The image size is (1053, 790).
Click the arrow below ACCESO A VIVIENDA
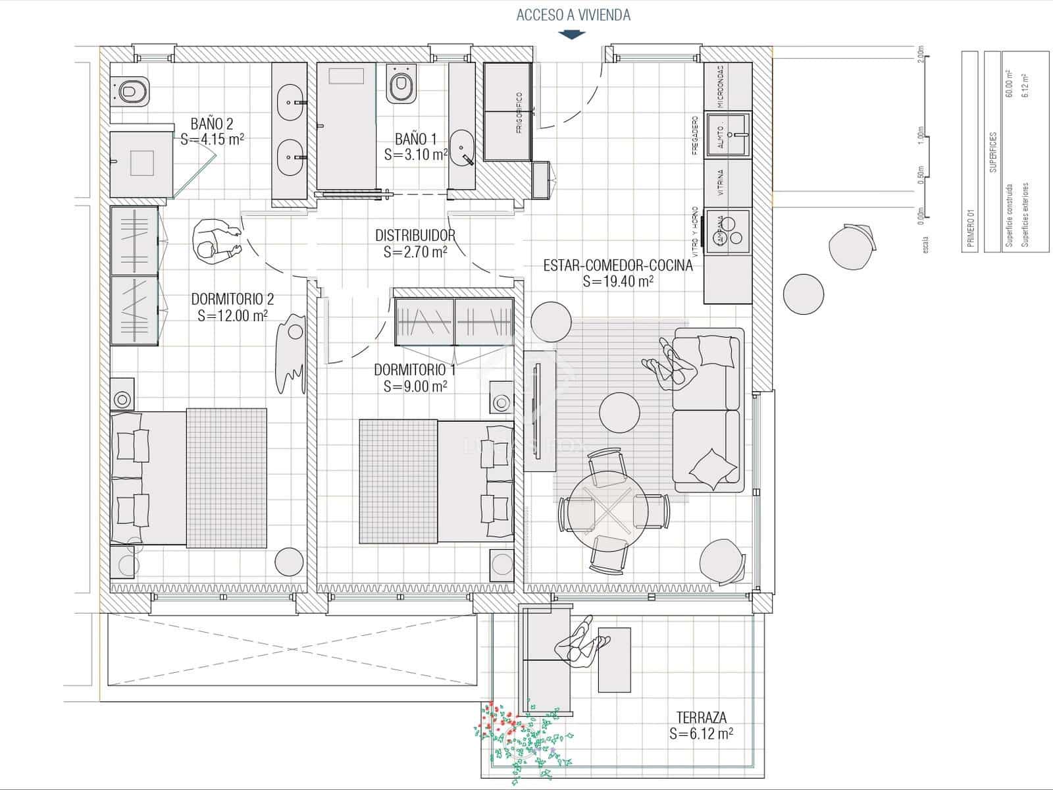[571, 34]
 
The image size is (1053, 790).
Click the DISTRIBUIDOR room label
[415, 235]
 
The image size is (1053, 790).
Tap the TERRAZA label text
[701, 718]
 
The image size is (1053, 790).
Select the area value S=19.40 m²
[618, 282]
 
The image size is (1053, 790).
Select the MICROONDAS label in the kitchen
[721, 86]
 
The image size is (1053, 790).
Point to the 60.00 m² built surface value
[1008, 84]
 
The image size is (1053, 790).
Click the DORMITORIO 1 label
[415, 370]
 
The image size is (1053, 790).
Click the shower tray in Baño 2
[141, 163]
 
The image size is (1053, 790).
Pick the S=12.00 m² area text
[232, 316]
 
